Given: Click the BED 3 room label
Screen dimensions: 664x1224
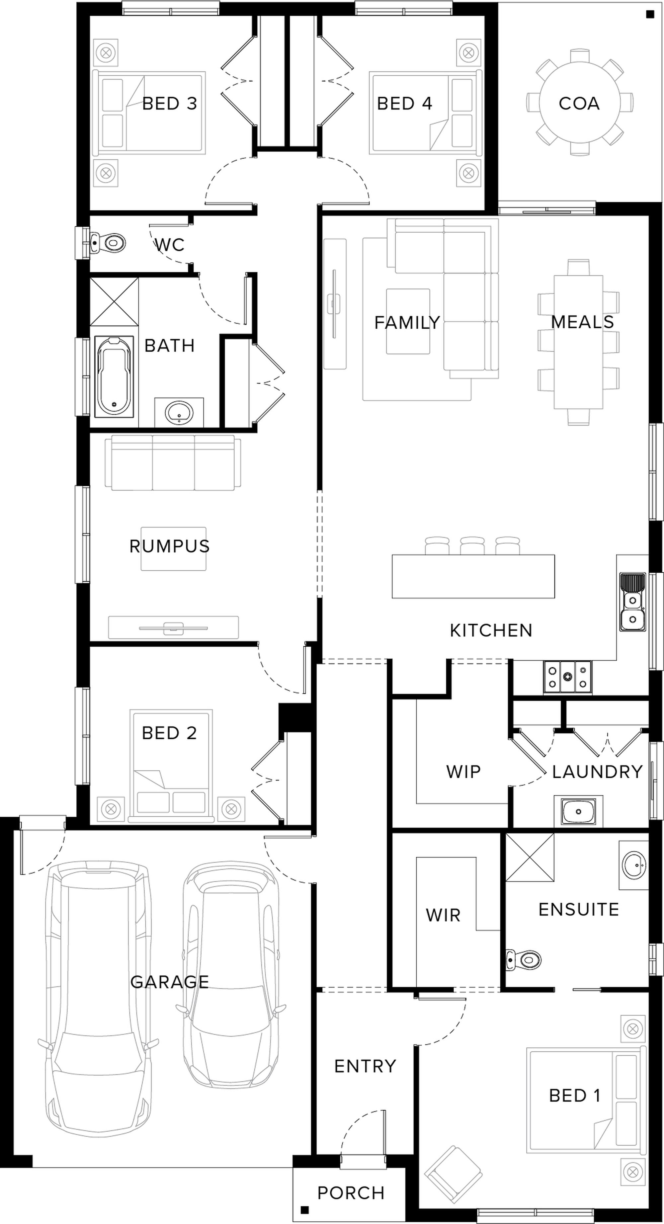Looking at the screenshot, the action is tap(170, 104).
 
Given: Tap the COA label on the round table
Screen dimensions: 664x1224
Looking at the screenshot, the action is tap(579, 104).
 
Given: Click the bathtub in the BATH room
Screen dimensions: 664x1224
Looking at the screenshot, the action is tap(114, 376).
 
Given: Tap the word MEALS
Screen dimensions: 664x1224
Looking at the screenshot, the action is tap(582, 322).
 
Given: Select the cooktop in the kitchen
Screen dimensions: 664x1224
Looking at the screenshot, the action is tap(567, 677).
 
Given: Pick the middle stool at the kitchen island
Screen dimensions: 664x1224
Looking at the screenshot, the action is tap(472, 545).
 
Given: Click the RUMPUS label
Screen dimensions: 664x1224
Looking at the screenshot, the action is tap(170, 546).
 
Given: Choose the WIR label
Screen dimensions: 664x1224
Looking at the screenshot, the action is tap(443, 915).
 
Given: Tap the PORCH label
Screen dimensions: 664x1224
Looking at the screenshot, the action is tap(351, 1193).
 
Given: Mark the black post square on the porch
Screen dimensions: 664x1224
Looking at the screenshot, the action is tap(305, 1210).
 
